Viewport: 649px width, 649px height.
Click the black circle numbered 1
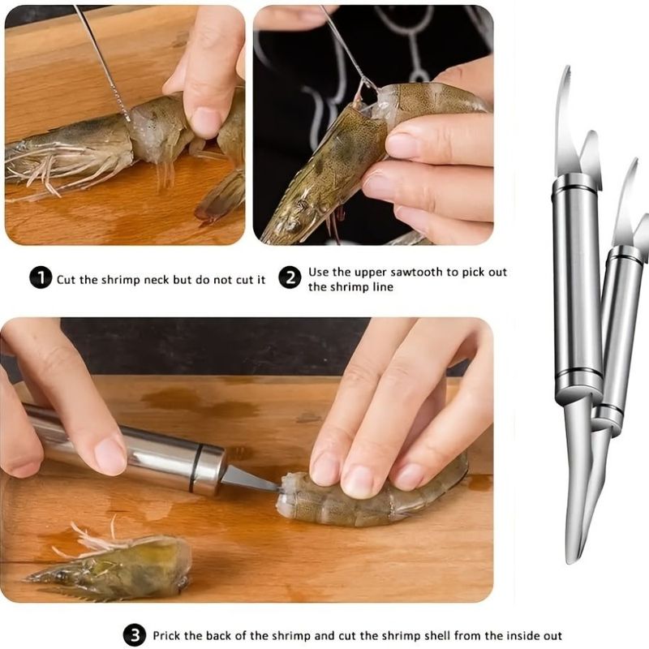point(41,278)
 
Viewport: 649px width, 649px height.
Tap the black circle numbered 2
point(290,278)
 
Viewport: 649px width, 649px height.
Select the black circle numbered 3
point(135,634)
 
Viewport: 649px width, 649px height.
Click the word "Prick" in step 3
point(168,635)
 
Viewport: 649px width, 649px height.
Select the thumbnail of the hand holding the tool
point(110,454)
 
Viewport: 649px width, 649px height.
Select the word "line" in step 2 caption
point(381,287)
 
